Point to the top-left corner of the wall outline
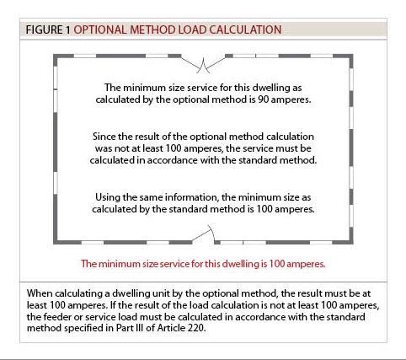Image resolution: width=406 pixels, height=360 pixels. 56,58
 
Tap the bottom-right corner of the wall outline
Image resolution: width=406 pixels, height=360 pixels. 354,240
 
